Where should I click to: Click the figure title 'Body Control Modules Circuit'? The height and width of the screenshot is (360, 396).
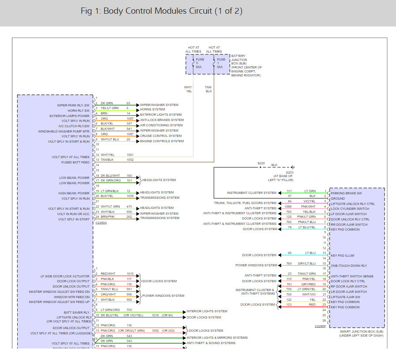[172, 11]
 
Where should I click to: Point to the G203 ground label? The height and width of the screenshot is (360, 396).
[289, 172]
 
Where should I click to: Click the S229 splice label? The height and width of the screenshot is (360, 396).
[262, 163]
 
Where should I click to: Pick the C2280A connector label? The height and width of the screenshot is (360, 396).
[101, 223]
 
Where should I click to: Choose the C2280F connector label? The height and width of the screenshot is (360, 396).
[320, 326]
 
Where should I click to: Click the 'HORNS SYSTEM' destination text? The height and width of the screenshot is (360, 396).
[152, 109]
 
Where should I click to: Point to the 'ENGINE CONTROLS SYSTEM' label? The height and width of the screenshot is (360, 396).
[162, 141]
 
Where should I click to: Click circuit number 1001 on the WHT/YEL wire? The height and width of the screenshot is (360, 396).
[130, 155]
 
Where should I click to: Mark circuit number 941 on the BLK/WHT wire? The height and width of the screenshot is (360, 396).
[129, 130]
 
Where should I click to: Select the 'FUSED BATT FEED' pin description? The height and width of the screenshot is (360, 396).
[75, 162]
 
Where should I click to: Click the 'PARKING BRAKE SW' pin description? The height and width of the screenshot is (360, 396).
[346, 193]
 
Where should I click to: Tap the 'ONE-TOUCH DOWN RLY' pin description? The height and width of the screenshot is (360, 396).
[349, 265]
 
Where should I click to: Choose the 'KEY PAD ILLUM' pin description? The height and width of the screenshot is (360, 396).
[343, 255]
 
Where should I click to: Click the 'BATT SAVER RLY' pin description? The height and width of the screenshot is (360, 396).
[77, 312]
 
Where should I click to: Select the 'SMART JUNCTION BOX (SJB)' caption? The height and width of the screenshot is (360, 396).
[362, 331]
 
